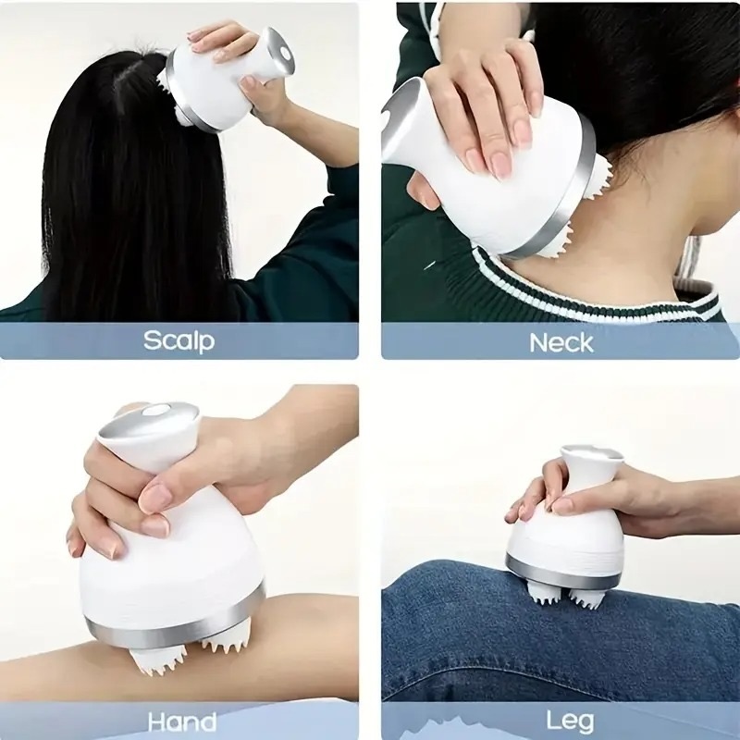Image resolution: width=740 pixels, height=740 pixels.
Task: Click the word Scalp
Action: coord(179,340)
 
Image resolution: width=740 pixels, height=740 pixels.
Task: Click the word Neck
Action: coord(561,342)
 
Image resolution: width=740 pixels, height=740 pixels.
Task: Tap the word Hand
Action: coord(181,721)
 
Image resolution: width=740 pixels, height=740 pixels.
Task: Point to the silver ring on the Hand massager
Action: coord(176,622)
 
